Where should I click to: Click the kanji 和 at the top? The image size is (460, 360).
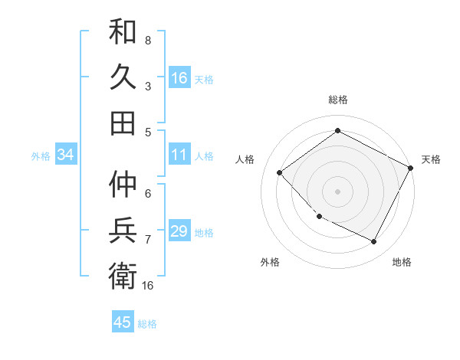123,33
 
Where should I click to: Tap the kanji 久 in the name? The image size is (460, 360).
123,77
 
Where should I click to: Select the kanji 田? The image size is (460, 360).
123,123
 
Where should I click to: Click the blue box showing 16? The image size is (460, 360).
179,78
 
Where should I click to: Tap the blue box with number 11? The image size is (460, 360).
179,155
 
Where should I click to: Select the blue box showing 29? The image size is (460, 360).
179,231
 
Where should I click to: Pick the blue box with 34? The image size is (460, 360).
65,155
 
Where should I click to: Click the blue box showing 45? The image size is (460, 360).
123,322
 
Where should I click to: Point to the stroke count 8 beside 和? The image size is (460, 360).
147,39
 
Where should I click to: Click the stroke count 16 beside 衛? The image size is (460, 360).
147,286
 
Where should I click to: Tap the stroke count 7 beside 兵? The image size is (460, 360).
147,240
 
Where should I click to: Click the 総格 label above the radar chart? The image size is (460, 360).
337,100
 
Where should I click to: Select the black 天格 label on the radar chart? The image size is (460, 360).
431,159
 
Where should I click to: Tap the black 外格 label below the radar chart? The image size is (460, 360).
270,262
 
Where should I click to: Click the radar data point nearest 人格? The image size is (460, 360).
280,172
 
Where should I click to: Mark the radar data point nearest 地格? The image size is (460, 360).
374,242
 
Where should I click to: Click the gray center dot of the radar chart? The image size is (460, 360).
337,191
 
